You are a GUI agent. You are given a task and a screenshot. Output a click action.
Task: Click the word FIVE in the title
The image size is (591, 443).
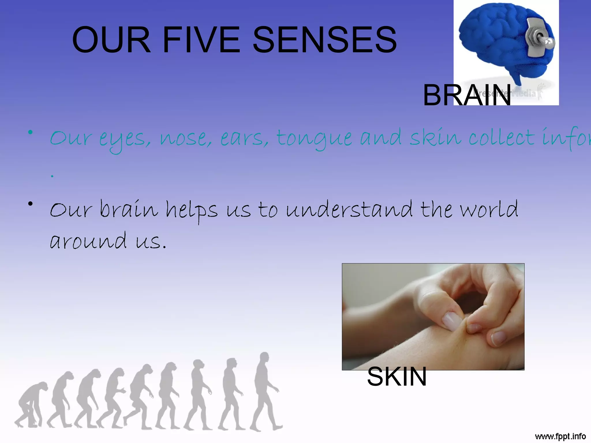[201, 40]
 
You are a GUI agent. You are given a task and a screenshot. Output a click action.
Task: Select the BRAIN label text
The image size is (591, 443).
[467, 95]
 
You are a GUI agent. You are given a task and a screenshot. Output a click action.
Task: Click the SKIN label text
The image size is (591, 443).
[397, 377]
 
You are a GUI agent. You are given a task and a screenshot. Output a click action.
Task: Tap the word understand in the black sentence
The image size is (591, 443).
[349, 209]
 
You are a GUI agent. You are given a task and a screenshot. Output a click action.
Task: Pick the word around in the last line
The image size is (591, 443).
[88, 241]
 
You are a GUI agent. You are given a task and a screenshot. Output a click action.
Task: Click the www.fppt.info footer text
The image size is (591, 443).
[560, 436]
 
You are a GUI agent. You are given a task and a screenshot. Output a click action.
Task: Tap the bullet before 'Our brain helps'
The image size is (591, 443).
[30, 204]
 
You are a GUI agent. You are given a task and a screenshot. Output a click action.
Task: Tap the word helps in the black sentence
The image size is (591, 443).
[191, 210]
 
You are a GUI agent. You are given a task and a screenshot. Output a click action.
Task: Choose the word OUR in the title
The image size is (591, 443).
[111, 40]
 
